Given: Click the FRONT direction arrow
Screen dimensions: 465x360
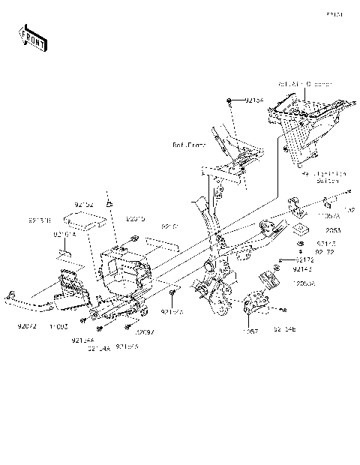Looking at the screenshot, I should coord(33,37).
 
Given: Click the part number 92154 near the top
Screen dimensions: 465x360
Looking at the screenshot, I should coord(254,100).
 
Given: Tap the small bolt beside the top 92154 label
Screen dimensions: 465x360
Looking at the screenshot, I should coord(228,100).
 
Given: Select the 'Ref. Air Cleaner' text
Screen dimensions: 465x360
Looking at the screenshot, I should coord(304,85).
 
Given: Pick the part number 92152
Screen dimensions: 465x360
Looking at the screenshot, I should coord(83,203).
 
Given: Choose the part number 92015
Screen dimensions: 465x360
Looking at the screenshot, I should coord(135,220).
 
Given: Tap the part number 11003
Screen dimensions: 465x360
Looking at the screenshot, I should coord(59,327).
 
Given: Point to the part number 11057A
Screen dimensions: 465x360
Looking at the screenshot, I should coord(328,215).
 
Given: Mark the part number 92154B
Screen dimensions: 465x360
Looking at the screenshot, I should coord(283,328).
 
